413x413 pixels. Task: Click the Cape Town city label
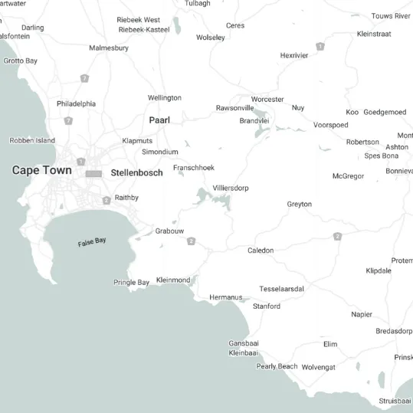[x=42, y=170]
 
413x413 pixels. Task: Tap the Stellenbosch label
[x=136, y=173]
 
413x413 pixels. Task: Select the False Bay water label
[x=92, y=242]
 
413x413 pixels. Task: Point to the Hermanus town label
[x=225, y=297]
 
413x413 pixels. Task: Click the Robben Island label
[x=32, y=141]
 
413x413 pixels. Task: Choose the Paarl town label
[x=159, y=120]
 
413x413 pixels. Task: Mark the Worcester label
[x=267, y=100]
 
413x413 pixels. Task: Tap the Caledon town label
[x=261, y=251]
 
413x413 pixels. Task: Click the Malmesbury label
[x=109, y=48]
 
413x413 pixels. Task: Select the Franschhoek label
[x=194, y=168]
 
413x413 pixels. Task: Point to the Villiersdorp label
[x=231, y=188]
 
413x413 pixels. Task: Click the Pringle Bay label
[x=131, y=283]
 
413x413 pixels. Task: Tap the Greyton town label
[x=300, y=205]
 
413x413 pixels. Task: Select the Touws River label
[x=391, y=16]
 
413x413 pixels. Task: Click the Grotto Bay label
[x=21, y=61]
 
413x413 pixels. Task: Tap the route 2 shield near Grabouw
[x=191, y=241]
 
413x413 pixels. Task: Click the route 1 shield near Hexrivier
[x=320, y=47]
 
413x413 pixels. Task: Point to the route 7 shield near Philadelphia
[x=69, y=120]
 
